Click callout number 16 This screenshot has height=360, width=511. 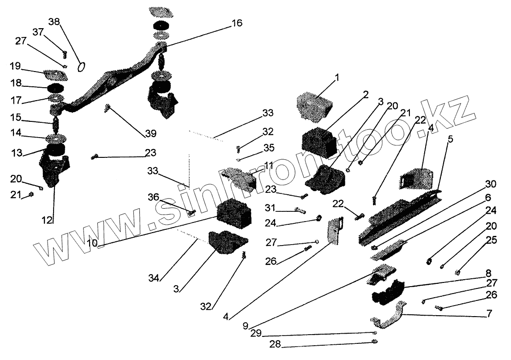[236, 23]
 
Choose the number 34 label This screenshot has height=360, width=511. [154, 278]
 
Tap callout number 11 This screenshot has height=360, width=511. [269, 165]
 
